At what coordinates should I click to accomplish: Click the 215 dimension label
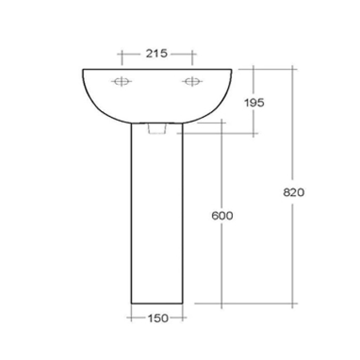(156, 53)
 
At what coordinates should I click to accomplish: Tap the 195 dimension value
(253, 102)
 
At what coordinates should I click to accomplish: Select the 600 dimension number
(222, 216)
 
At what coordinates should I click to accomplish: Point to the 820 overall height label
(294, 192)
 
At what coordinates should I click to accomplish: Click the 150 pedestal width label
(157, 319)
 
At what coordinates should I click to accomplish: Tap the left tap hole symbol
(122, 82)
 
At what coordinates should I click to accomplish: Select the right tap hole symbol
(191, 82)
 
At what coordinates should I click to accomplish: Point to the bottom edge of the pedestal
(157, 303)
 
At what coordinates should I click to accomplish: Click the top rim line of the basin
(157, 69)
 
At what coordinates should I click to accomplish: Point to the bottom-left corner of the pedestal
(131, 303)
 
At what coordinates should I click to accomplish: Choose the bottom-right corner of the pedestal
(184, 303)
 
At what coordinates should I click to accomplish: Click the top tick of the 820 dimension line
(293, 69)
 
